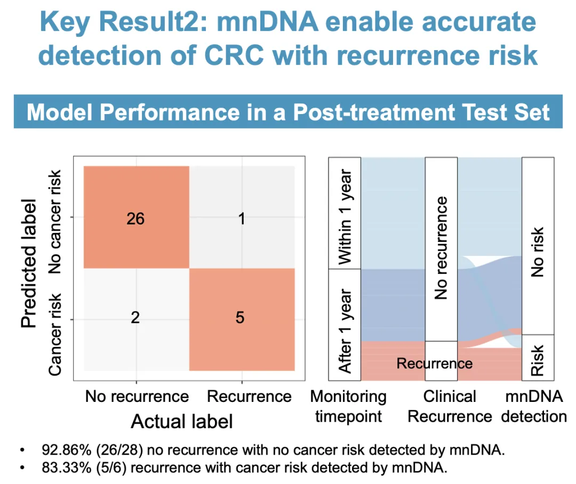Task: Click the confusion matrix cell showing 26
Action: pos(136,218)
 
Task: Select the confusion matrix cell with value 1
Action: pos(242,218)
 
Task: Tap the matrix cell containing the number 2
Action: pos(136,318)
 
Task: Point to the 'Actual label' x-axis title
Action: pos(182,422)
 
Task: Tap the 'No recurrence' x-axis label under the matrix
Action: pos(137,397)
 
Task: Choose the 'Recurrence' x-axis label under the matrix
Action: pos(249,397)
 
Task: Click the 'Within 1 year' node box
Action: pos(345,213)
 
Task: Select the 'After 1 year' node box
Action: pos(345,325)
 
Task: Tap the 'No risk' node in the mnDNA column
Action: pos(538,246)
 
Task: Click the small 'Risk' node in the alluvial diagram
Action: pos(538,357)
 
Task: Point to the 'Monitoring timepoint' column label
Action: pos(348,406)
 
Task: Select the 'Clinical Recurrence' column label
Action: pos(450,406)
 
